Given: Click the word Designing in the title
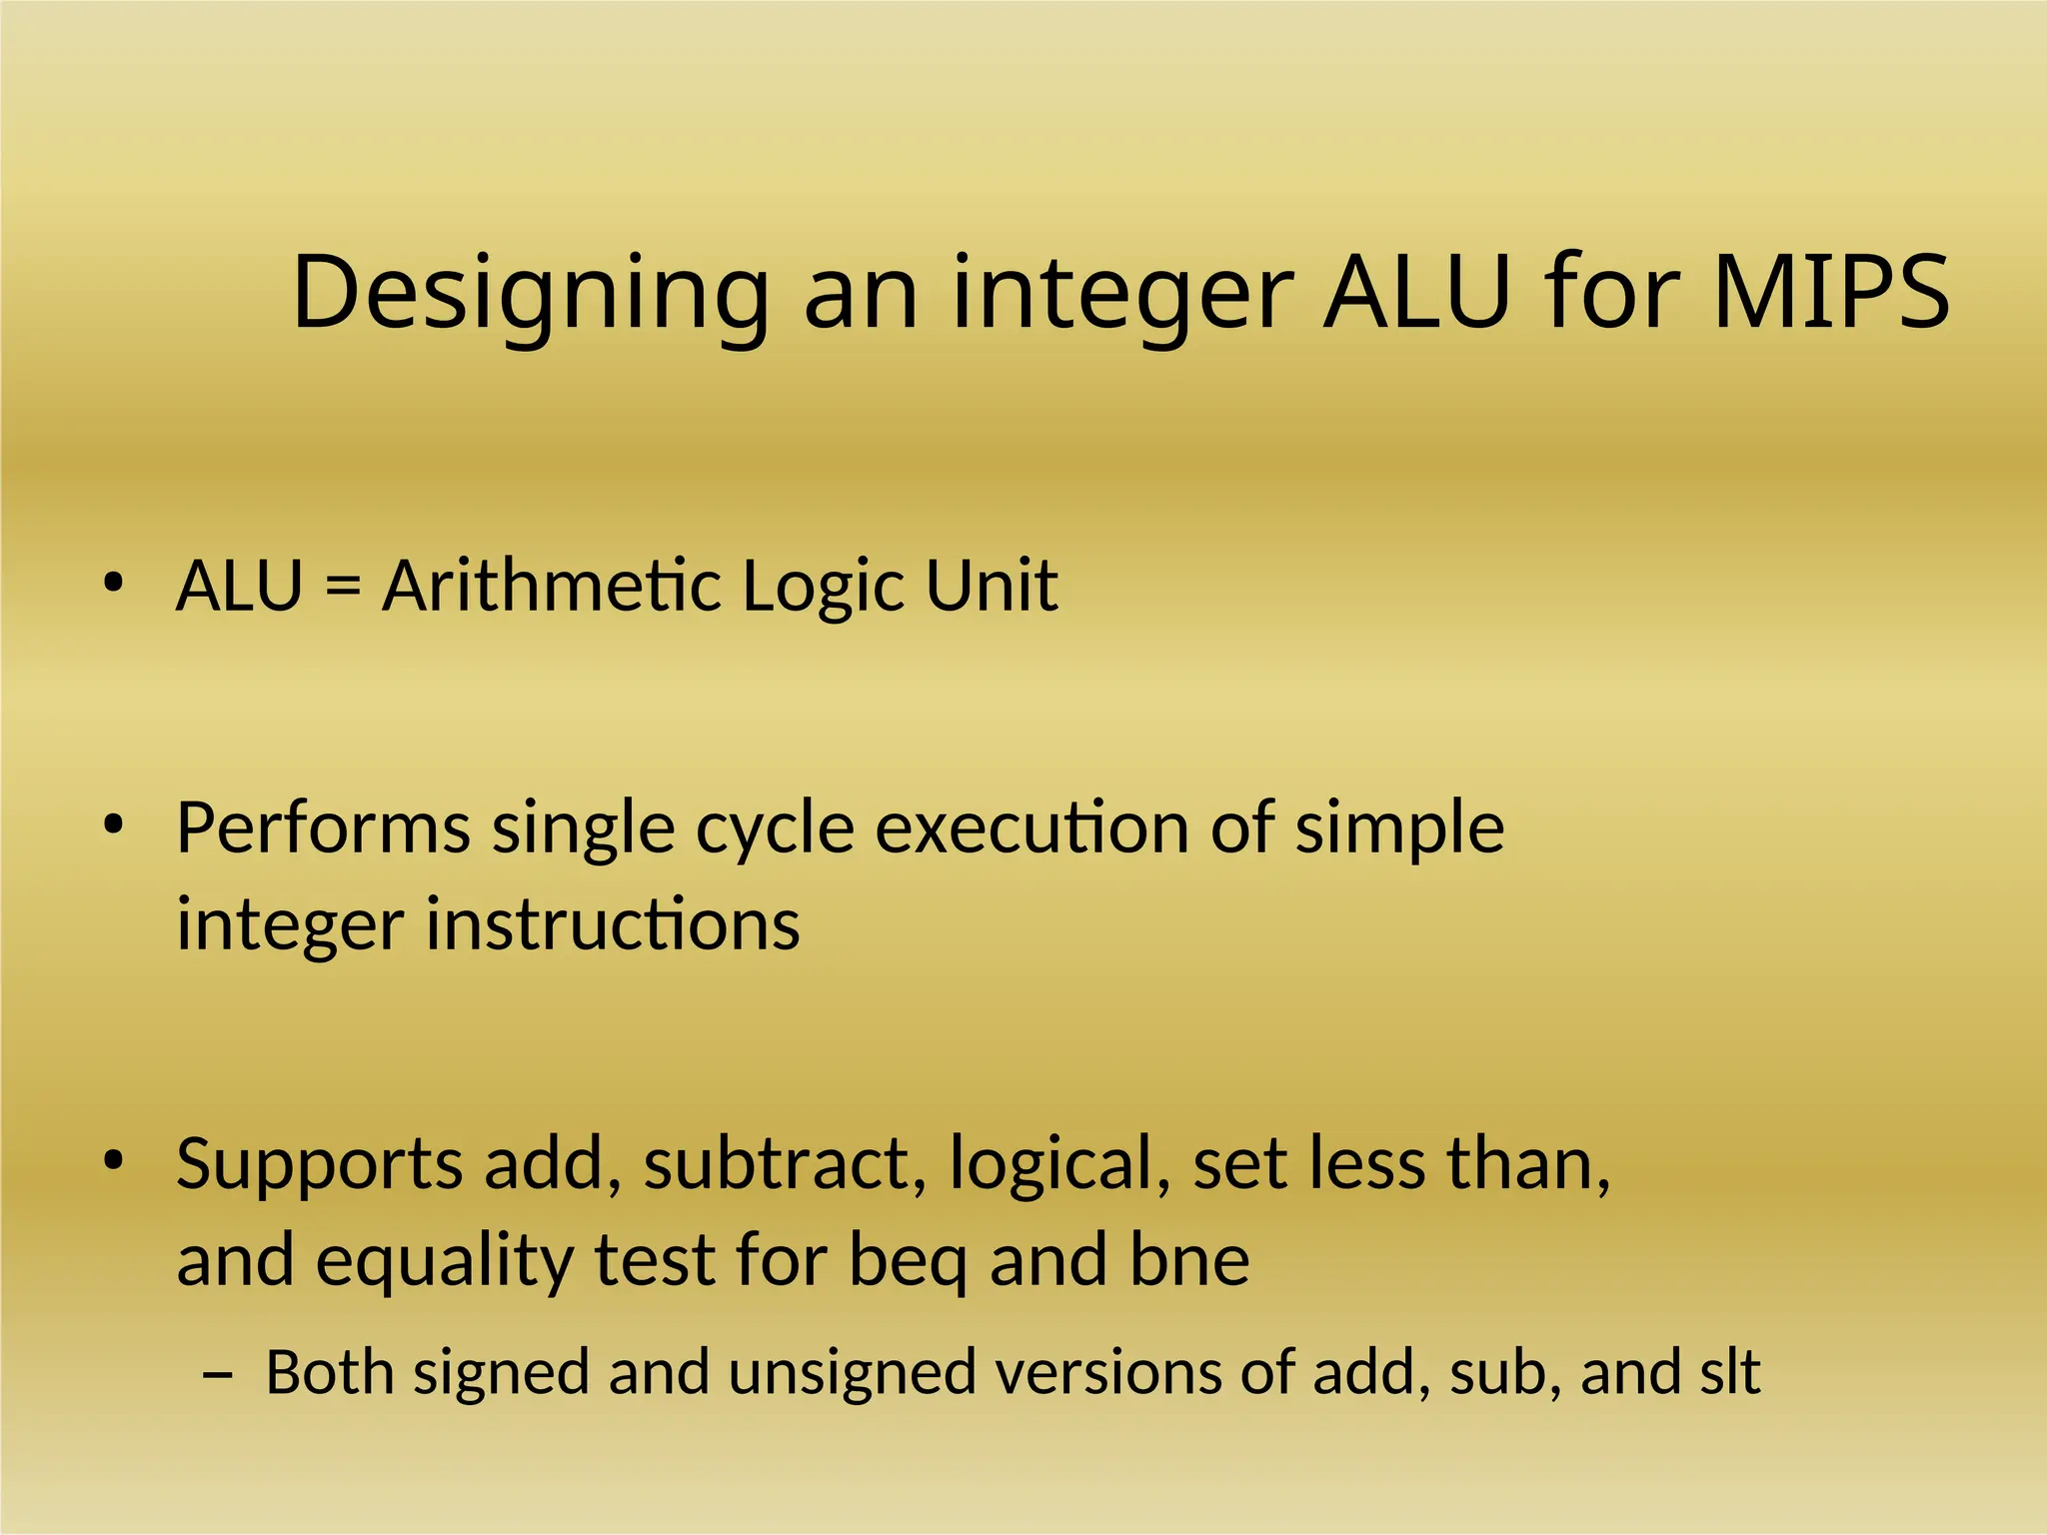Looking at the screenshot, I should point(530,295).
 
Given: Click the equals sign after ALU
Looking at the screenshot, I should point(342,586).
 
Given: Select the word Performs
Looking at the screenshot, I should point(323,828).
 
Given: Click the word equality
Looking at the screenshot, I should point(445,1261).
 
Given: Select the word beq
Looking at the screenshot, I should point(908,1261).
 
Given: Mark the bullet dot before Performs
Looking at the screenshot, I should point(113,825).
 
